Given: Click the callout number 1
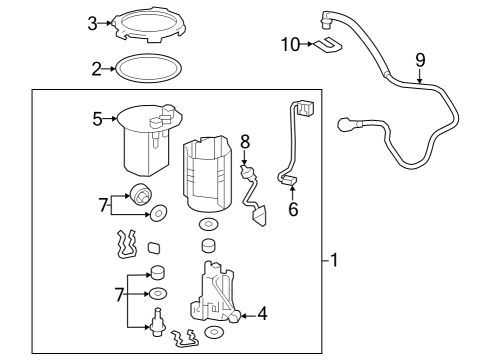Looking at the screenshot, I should point(335,261).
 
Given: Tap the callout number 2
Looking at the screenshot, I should point(96,70).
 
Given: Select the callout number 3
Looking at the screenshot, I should point(92,23).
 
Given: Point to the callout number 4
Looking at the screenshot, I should point(262,314).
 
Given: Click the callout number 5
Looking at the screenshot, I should point(97,119).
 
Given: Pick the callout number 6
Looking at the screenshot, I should point(293,210).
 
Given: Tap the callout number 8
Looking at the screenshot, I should point(243,141).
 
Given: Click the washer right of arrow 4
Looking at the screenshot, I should point(213,331).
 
